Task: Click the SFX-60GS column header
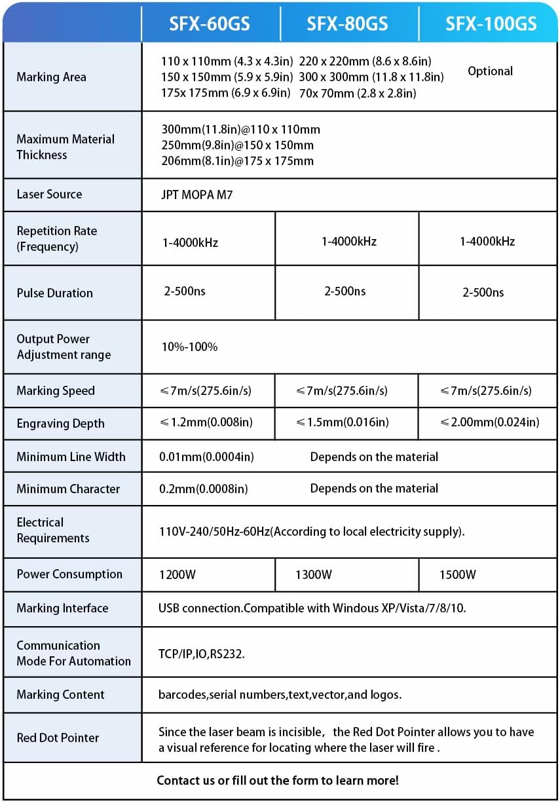coord(210,24)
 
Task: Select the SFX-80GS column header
coord(347,24)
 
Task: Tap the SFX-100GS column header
coord(491,24)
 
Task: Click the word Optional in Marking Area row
coord(490,71)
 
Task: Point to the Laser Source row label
coord(49,194)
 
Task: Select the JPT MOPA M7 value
coord(196,195)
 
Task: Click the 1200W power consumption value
coord(177,575)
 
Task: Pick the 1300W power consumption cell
coord(314,575)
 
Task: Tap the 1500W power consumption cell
coord(458,575)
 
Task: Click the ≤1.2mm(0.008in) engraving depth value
coord(210,422)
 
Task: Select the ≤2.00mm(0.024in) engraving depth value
coord(490,422)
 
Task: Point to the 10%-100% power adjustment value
coord(189,346)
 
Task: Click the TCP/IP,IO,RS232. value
coord(202,654)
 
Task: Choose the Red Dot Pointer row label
coord(58,738)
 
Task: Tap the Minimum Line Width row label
coord(71,457)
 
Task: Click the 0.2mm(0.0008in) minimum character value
coord(204,489)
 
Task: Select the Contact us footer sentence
coord(278,780)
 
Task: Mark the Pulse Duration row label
coord(54,293)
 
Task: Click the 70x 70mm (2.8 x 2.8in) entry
coord(357,93)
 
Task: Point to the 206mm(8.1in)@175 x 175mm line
coord(237,161)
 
